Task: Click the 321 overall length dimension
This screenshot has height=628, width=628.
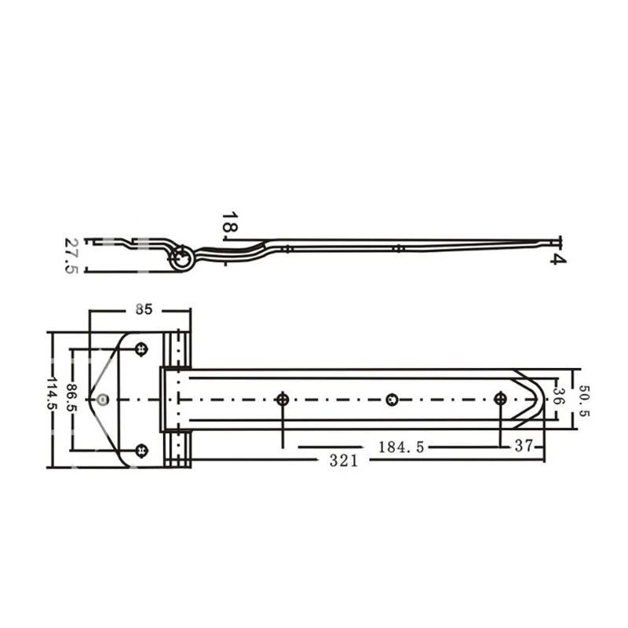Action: [x=343, y=461]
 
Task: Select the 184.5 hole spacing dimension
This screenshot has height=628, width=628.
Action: [x=401, y=447]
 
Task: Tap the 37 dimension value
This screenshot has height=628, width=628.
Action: [x=524, y=445]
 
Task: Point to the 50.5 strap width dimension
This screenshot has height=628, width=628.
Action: [x=583, y=400]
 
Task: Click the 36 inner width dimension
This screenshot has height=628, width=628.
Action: [x=559, y=396]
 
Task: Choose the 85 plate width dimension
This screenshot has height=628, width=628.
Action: [x=144, y=309]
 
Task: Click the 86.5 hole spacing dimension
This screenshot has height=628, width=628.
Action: [x=72, y=398]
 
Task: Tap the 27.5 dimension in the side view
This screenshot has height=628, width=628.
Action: [x=71, y=256]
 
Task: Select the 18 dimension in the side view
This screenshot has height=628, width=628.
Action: [x=229, y=222]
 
